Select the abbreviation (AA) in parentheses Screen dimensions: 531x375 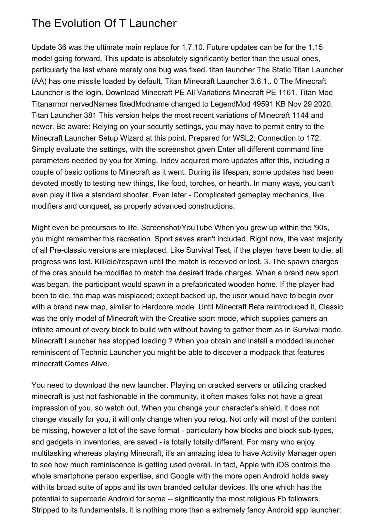pyautogui.click(x=39, y=81)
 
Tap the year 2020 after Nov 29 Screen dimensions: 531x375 pyautogui.click(x=323, y=104)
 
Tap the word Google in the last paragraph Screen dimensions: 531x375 pyautogui.click(x=182, y=476)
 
